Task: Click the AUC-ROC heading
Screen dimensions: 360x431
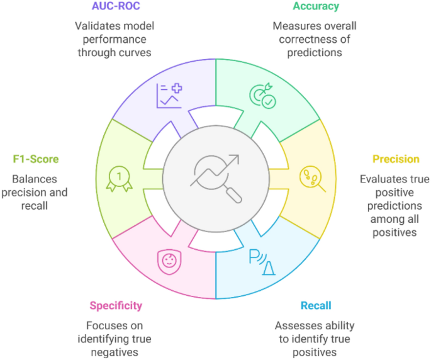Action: tap(115, 6)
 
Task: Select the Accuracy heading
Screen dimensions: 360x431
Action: tap(315, 6)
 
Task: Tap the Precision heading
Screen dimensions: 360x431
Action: tap(395, 159)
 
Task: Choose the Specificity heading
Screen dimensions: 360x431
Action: tap(116, 306)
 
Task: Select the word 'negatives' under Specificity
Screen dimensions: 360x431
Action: tap(116, 352)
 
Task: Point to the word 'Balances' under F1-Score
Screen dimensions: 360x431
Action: tap(25, 179)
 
